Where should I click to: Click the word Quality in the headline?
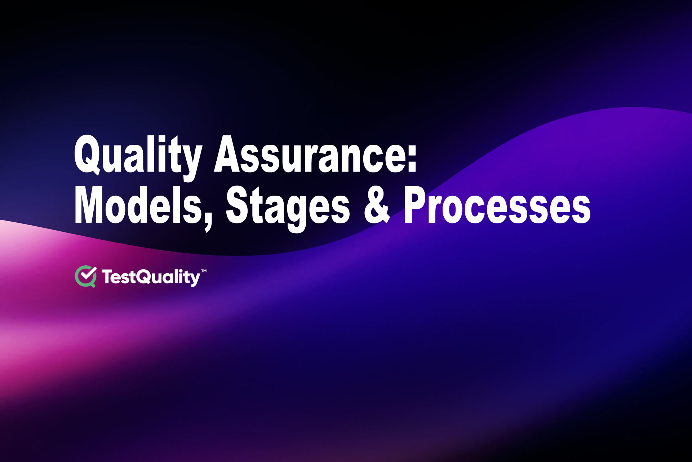point(137,155)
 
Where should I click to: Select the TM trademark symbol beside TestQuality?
point(204,271)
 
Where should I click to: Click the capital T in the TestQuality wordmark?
point(107,277)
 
